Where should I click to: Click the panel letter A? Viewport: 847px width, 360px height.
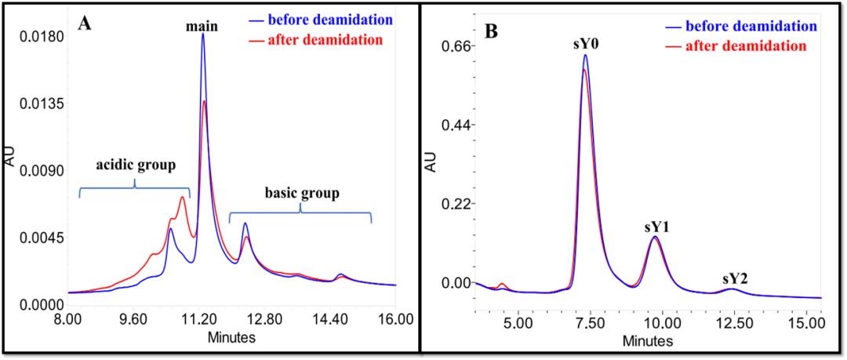pos(85,23)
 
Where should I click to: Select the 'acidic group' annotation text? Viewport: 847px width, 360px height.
pos(136,165)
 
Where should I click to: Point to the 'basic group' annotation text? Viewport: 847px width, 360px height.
pos(301,192)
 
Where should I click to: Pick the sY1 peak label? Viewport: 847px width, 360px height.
pos(657,227)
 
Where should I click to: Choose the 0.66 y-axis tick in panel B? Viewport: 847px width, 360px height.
pos(460,45)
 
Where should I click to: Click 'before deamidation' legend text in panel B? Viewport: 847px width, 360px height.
pos(751,26)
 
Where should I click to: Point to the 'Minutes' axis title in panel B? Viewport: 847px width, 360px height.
pos(648,342)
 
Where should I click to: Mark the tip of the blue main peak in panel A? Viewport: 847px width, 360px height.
pos(202,34)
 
